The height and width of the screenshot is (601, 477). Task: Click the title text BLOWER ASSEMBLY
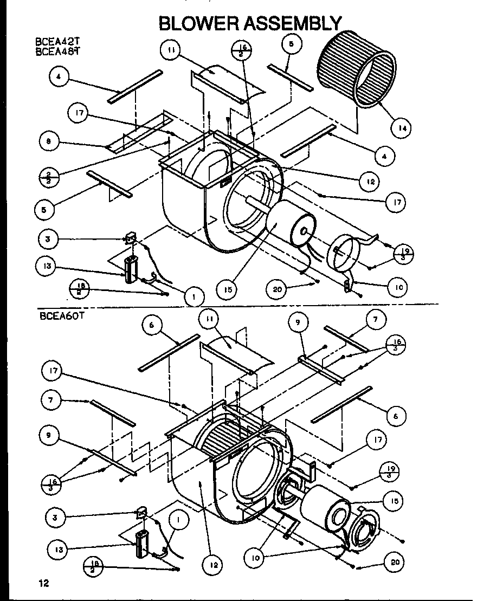250,23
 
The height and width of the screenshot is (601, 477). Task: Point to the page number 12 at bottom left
44,583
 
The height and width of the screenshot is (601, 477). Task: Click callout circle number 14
401,128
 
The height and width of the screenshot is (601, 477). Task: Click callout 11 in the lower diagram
208,320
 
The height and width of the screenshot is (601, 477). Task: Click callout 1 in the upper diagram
194,296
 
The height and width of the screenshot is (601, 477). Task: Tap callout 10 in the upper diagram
398,287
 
